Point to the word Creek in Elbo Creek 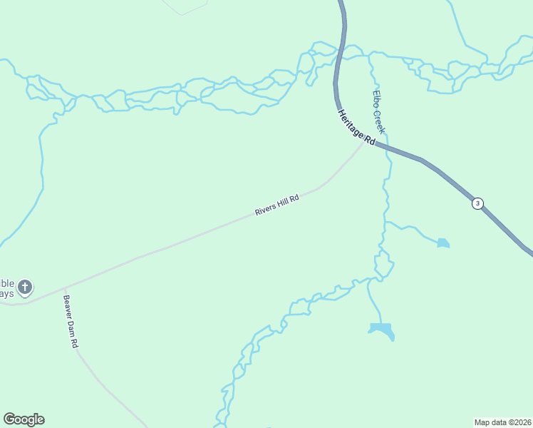(x=380, y=121)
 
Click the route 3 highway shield (x=477, y=203)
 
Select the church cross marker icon (x=25, y=287)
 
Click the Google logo (x=24, y=419)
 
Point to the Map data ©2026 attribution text (x=502, y=422)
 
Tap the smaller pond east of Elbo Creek (x=443, y=243)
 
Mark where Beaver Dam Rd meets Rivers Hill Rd (x=65, y=287)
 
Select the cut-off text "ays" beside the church (x=6, y=293)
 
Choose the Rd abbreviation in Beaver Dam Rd (x=75, y=342)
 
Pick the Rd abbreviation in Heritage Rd (x=367, y=139)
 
